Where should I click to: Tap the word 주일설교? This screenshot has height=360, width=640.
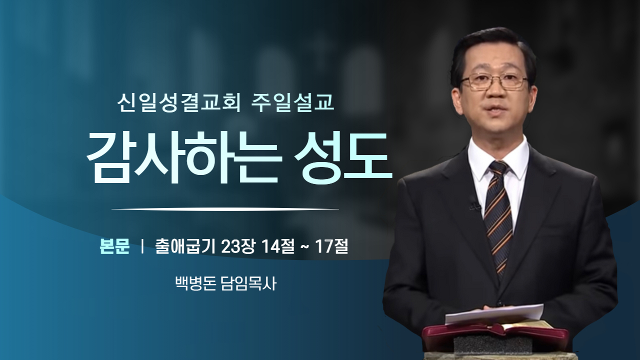[x=292, y=102]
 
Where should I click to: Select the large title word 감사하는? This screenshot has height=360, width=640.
[x=182, y=158]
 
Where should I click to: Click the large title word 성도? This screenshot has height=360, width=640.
[x=343, y=157]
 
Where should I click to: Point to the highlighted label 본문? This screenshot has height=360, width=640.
[x=114, y=246]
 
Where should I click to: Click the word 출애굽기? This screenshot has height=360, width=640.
[x=185, y=246]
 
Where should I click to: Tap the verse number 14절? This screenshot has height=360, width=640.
[x=277, y=246]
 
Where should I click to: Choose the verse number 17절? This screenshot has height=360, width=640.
[x=331, y=246]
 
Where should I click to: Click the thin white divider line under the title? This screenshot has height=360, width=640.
[x=225, y=209]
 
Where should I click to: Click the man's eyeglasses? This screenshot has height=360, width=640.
[x=494, y=81]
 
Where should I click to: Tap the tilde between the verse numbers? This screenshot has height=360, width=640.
[x=304, y=247]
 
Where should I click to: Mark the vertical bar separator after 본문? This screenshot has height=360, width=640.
[x=142, y=247]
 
